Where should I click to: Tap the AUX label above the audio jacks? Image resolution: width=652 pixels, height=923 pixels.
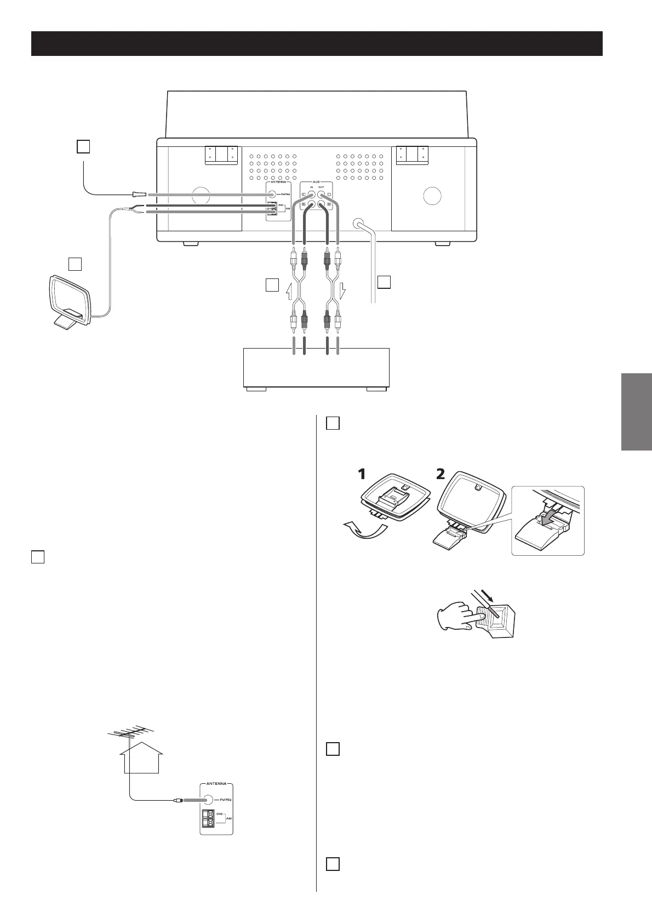tap(317, 180)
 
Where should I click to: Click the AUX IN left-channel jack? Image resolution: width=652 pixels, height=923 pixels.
tap(312, 195)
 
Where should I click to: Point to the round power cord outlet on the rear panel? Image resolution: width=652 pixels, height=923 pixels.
tap(359, 224)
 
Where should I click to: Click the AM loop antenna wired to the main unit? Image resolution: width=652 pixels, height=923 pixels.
tap(69, 301)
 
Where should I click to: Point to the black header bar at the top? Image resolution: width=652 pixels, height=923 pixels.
tap(317, 43)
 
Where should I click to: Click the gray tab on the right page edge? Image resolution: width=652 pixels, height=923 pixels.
tap(637, 412)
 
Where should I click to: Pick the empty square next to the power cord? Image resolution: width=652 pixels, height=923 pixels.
tap(384, 282)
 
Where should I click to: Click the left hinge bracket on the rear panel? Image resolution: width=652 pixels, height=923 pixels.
tap(221, 155)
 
